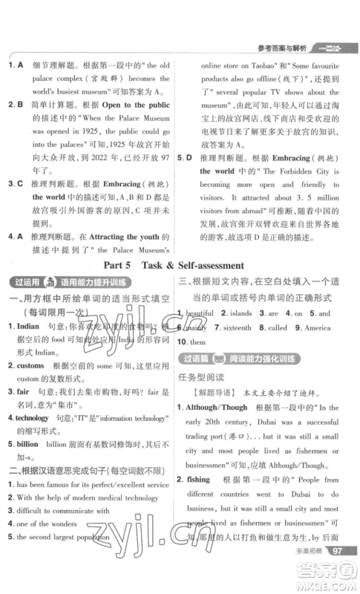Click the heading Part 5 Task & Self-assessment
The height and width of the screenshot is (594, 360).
click(x=180, y=264)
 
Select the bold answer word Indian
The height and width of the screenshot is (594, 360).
click(x=28, y=326)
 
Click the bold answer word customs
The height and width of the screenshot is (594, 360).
click(x=31, y=367)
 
